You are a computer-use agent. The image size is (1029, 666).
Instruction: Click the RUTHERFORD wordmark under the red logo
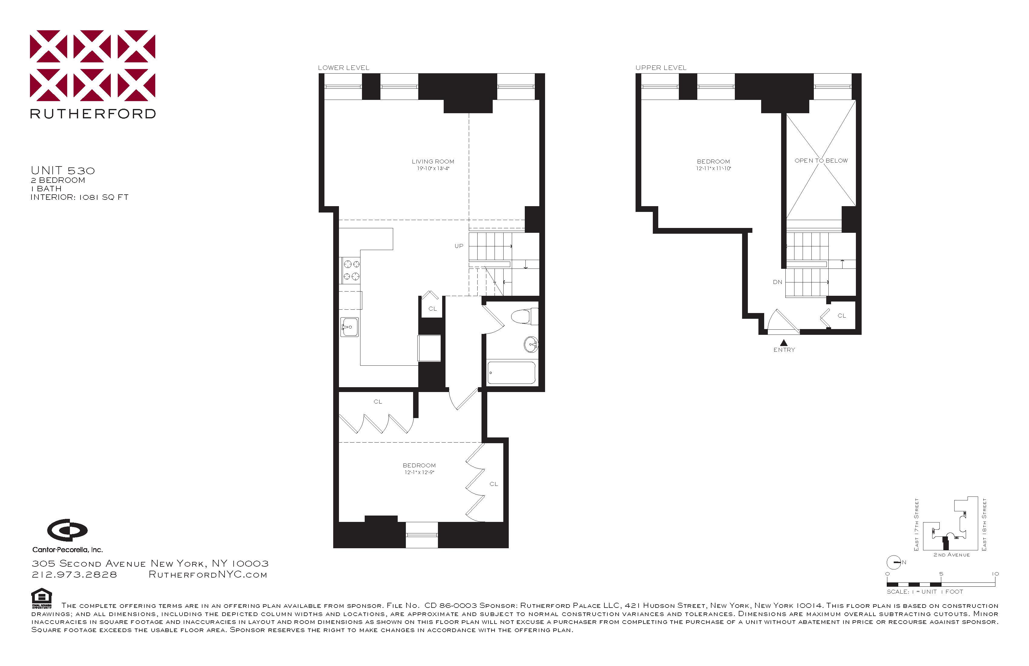pyautogui.click(x=93, y=114)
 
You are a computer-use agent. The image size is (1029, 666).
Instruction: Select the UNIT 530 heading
pyautogui.click(x=63, y=170)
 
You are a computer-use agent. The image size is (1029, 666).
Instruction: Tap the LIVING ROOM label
pyautogui.click(x=433, y=161)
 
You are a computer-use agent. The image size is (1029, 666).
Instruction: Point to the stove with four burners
pyautogui.click(x=351, y=270)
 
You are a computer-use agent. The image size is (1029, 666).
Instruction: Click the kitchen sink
pyautogui.click(x=349, y=327)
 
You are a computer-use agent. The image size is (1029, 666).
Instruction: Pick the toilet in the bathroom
pyautogui.click(x=524, y=316)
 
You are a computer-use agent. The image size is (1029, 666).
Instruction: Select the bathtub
pyautogui.click(x=511, y=373)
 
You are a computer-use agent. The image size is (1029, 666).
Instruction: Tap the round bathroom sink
pyautogui.click(x=531, y=345)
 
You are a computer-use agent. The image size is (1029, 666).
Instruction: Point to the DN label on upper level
pyautogui.click(x=778, y=282)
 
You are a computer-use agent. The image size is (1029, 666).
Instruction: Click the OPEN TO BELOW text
pyautogui.click(x=821, y=160)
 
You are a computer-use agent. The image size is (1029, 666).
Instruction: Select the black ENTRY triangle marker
pyautogui.click(x=784, y=342)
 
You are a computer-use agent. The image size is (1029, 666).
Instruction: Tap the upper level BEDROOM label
pyautogui.click(x=713, y=161)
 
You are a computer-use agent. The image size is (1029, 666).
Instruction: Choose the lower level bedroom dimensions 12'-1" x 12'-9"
pyautogui.click(x=419, y=472)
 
